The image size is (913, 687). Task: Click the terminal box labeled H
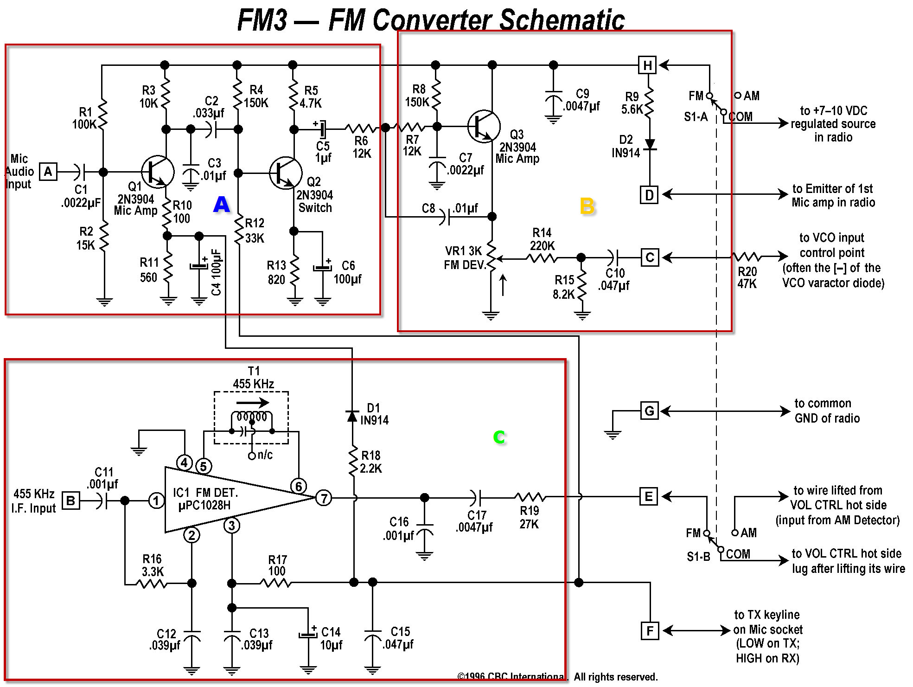coord(647,65)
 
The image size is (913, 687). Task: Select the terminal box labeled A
coord(48,172)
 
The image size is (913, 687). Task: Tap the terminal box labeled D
coord(649,195)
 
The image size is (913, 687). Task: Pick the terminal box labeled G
coord(649,411)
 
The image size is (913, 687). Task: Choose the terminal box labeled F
coord(650,630)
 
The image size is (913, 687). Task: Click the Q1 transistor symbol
coord(158,172)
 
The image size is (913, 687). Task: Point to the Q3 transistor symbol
coord(484,126)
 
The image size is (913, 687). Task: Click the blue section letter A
coord(222,204)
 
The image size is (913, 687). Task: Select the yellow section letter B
coord(587,206)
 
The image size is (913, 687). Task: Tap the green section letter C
coord(499,437)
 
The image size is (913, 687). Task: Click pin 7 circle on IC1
coord(324,498)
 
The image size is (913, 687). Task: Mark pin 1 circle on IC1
coord(156,501)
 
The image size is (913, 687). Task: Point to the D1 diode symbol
coord(352,416)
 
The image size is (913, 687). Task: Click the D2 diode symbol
coord(650,144)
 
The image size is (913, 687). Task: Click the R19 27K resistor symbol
coord(530,497)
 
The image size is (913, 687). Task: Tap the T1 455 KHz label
coord(254,378)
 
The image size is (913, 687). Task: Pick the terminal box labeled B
coord(70,501)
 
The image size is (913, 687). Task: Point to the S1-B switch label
coord(698,556)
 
